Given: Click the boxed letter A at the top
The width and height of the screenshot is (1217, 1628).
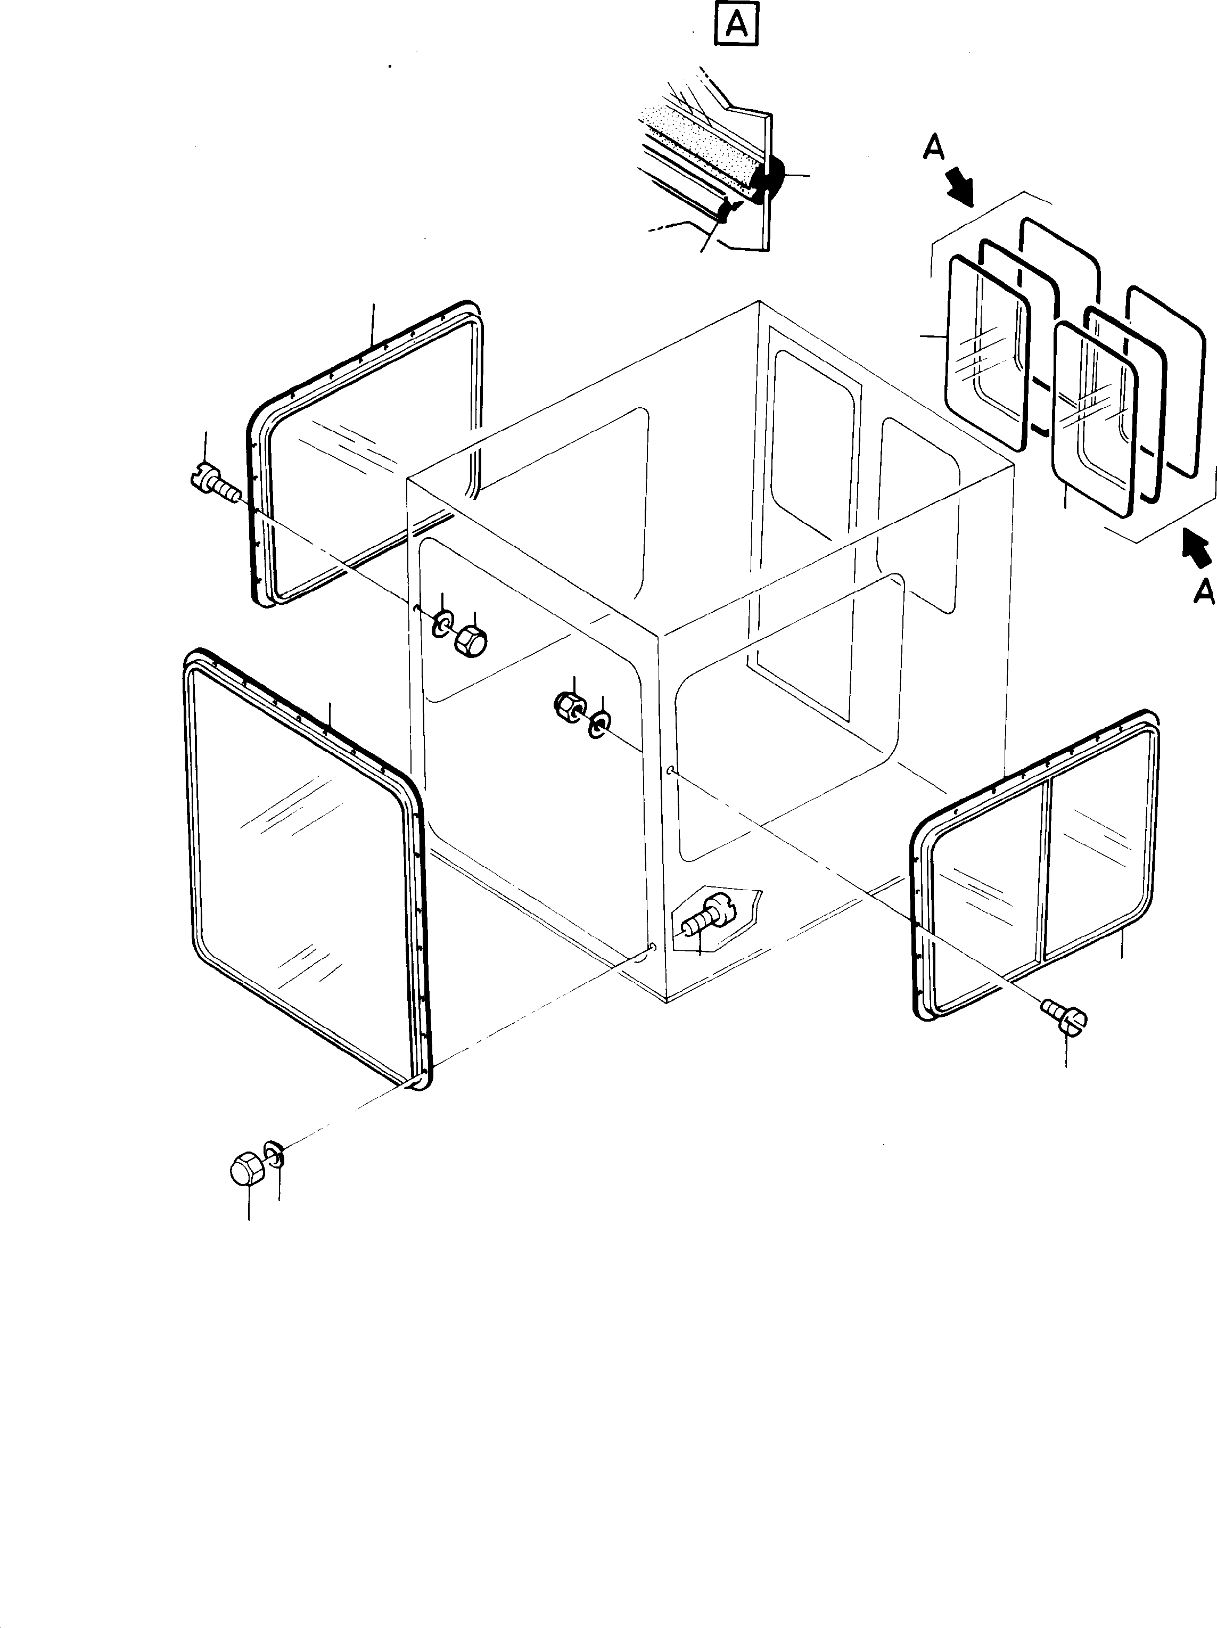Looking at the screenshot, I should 736,27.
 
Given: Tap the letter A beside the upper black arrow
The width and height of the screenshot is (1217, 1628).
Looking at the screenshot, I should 933,148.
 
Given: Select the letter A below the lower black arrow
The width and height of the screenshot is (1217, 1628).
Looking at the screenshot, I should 1203,591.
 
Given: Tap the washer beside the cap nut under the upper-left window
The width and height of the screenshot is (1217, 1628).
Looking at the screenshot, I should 443,623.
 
